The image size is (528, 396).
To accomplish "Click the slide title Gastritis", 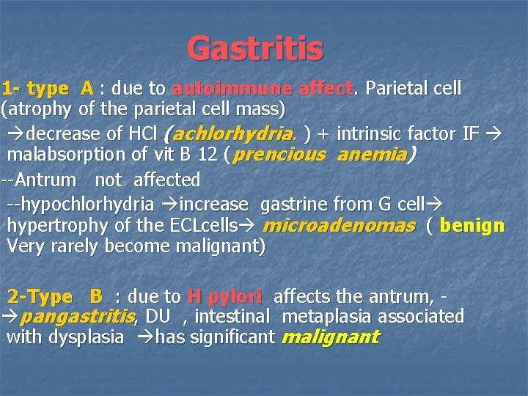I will pos(254,49).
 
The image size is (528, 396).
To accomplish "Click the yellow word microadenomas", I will pos(338,225).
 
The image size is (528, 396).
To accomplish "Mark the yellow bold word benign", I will pos(472,225).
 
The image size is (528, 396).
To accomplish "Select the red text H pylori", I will pos(224,297).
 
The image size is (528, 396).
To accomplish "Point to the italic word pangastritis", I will pos(76,317).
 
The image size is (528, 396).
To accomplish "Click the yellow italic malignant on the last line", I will pos(329,337).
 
